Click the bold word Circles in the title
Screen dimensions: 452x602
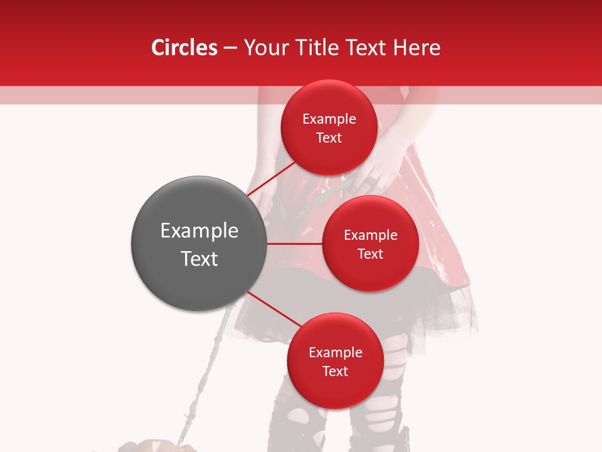[x=184, y=48]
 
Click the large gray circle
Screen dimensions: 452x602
[x=199, y=244]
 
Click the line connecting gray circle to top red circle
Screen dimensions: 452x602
[x=272, y=179]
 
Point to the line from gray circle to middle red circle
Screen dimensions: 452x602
[x=295, y=244]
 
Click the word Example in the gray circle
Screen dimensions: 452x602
[x=199, y=231]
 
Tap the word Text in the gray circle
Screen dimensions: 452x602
[x=199, y=259]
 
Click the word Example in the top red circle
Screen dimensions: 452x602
[x=329, y=119]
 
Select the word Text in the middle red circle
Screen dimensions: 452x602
[x=371, y=254]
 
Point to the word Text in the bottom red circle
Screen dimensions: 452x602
[x=335, y=371]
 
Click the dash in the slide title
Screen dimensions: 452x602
[x=230, y=48]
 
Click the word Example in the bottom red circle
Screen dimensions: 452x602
[x=335, y=352]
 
